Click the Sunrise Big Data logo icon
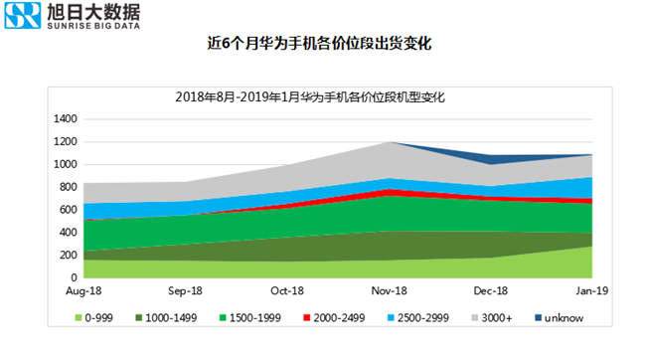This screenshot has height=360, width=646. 24,17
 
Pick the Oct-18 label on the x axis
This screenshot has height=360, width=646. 286,291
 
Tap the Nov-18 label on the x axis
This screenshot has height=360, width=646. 389,291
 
